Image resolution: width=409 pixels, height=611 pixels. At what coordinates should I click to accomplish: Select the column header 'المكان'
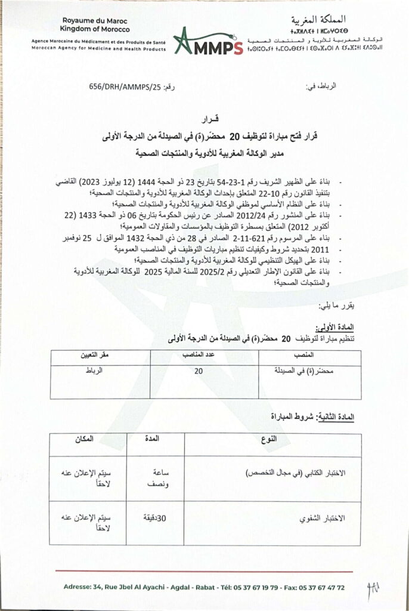pyautogui.click(x=85, y=440)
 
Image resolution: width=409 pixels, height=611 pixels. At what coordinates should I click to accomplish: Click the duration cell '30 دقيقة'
pyautogui.click(x=153, y=518)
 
